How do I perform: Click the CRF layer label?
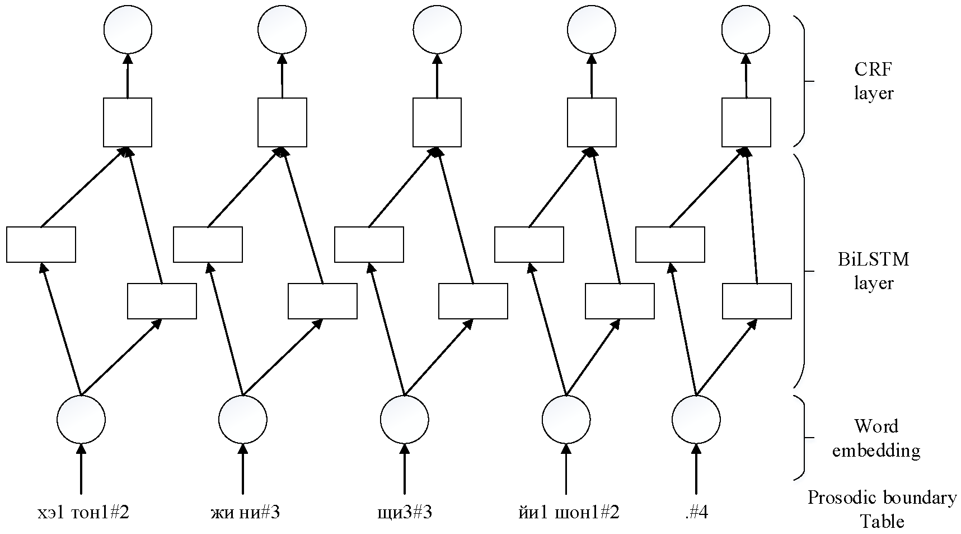pyautogui.click(x=873, y=81)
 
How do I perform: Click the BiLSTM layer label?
pyautogui.click(x=873, y=271)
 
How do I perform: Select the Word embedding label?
pyautogui.click(x=876, y=438)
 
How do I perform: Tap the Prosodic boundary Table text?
pyautogui.click(x=882, y=509)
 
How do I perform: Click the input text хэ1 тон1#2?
pyautogui.click(x=82, y=512)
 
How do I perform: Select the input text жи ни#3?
pyautogui.click(x=245, y=512)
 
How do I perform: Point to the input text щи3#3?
pyautogui.click(x=405, y=512)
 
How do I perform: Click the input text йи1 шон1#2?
pyautogui.click(x=568, y=512)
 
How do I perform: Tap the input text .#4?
pyautogui.click(x=696, y=512)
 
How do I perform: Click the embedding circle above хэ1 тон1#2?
pyautogui.click(x=81, y=419)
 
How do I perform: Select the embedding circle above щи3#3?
pyautogui.click(x=404, y=419)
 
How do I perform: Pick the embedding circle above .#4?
pyautogui.click(x=696, y=419)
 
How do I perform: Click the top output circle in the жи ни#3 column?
pyautogui.click(x=282, y=29)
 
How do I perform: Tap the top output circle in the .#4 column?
pyautogui.click(x=746, y=29)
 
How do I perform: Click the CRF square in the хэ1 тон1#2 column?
pyautogui.click(x=128, y=122)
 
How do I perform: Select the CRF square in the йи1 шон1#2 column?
pyautogui.click(x=592, y=122)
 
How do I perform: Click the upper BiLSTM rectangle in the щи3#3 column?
pyautogui.click(x=369, y=244)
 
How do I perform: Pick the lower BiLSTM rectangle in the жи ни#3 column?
pyautogui.click(x=322, y=301)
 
